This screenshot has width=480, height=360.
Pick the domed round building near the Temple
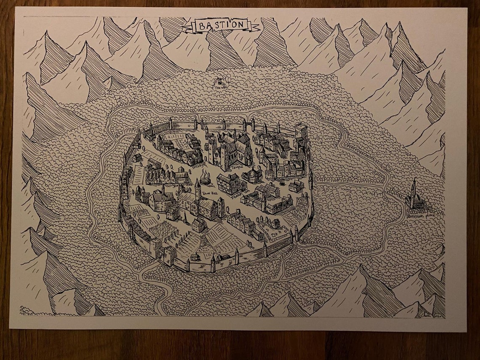[x=252, y=174]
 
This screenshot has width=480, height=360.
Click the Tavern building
[x=228, y=183]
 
